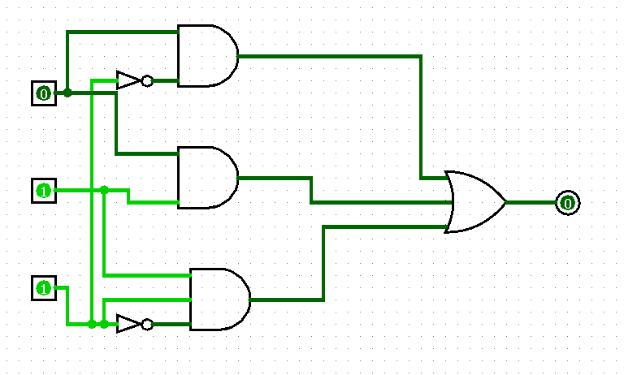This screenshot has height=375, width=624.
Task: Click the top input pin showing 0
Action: click(44, 93)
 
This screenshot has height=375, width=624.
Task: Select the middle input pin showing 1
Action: click(44, 191)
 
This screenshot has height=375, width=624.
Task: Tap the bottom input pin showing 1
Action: click(44, 288)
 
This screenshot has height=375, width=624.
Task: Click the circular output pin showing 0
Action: click(568, 203)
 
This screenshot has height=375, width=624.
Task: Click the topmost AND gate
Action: click(208, 56)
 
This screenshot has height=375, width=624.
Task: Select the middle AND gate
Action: click(208, 178)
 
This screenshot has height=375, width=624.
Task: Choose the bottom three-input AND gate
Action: click(220, 300)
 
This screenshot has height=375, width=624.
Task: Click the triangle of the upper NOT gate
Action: click(128, 80)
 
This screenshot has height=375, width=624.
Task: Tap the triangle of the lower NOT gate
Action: click(128, 324)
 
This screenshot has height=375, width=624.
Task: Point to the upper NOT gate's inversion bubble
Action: click(147, 80)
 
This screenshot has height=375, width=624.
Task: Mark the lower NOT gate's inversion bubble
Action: click(147, 325)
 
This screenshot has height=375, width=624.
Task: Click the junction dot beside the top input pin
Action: click(67, 93)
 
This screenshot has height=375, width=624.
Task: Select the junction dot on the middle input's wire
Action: click(104, 190)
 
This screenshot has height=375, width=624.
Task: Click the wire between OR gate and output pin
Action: click(531, 203)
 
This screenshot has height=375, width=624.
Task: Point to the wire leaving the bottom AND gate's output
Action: click(324, 263)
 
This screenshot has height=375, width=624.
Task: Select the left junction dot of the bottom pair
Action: click(92, 324)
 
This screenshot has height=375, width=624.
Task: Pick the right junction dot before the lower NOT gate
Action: click(104, 324)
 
